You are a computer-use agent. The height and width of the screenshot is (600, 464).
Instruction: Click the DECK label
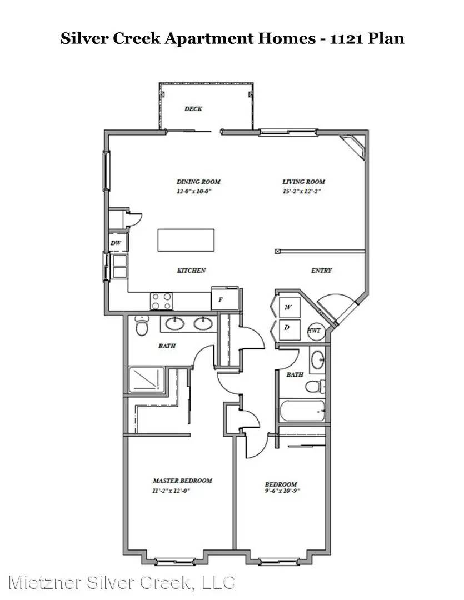193,109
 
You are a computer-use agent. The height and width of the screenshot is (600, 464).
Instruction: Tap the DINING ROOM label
198,182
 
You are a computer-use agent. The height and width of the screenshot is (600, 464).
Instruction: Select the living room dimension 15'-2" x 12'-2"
301,191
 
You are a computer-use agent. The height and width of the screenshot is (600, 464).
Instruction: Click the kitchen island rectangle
186,240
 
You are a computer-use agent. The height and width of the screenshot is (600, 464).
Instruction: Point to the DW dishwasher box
116,243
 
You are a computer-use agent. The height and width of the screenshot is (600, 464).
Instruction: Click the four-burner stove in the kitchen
161,301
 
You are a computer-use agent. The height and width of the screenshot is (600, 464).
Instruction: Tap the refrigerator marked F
224,299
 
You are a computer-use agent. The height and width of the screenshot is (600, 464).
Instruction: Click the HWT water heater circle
315,330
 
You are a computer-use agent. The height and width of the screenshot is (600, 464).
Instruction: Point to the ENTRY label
321,270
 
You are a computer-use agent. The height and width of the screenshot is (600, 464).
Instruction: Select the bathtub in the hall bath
302,411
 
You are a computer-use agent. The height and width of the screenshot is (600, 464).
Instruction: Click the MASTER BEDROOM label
182,481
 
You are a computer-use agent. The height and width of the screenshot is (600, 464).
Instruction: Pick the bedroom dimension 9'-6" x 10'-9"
282,491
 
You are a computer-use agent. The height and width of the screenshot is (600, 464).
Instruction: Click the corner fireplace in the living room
354,146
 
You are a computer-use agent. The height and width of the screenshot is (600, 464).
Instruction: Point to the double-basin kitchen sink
119,266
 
